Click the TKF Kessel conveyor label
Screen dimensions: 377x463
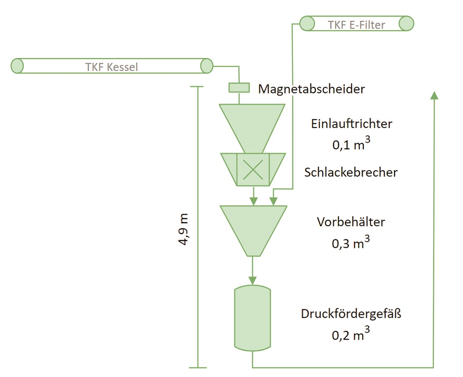pos(111,67)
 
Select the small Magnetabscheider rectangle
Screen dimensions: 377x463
pos(239,87)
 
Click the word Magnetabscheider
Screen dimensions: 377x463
pos(311,89)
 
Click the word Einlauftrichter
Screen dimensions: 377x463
pos(351,123)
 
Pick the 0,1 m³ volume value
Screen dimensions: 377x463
pos(351,145)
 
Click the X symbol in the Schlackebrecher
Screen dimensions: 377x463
pos(253,169)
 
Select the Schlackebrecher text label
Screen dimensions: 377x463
pos(351,172)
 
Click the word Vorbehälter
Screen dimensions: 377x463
pos(351,222)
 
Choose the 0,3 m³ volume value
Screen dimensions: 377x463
pos(351,243)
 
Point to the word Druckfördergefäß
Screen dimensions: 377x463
pos(351,314)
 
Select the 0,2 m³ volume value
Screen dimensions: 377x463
pos(351,335)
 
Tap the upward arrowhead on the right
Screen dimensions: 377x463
pos(434,95)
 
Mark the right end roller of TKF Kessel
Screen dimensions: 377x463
pos(207,66)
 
